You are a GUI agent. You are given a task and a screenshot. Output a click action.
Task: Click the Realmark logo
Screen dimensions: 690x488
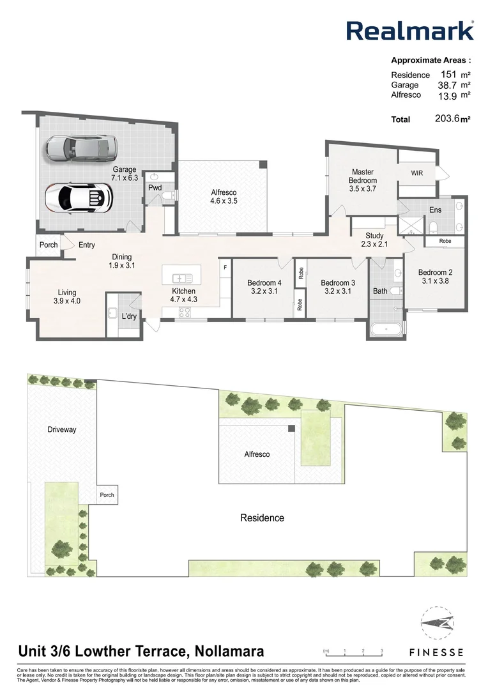tap(409, 31)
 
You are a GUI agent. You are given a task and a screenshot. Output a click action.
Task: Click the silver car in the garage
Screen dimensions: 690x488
tap(82, 148)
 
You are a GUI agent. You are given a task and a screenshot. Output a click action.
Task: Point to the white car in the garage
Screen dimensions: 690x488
tap(80, 197)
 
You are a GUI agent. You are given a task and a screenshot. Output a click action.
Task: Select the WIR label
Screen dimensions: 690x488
tap(416, 172)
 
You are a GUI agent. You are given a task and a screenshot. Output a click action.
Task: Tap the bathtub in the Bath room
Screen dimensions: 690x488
tap(386, 329)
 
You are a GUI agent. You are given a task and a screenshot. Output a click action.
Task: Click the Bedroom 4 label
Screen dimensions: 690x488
tap(264, 283)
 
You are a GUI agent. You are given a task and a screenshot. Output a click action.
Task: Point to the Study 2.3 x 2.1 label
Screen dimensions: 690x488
tap(374, 240)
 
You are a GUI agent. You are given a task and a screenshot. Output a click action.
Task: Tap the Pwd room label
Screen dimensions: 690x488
tap(155, 188)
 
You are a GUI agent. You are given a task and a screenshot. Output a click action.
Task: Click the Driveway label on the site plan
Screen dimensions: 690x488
tap(61, 429)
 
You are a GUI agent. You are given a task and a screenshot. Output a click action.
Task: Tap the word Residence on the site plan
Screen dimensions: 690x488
tap(262, 517)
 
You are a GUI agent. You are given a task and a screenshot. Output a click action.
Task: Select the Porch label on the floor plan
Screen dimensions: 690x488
tap(49, 245)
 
